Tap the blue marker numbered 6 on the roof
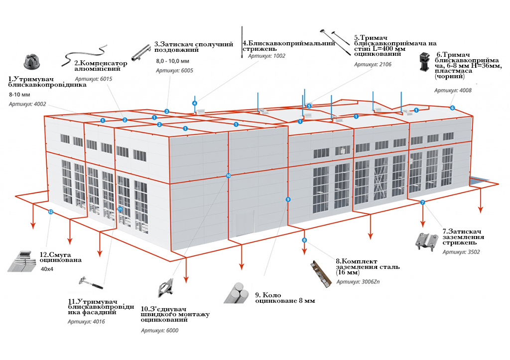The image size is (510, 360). coord(452,108)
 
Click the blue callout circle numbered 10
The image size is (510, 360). coord(228,176)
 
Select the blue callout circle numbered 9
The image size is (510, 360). coord(288,199)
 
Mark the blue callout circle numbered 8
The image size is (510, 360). coord(304,240)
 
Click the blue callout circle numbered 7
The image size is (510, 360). coord(422,202)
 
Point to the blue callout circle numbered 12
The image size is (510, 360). coord(50,212)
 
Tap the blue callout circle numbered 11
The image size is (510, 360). coord(120,209)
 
